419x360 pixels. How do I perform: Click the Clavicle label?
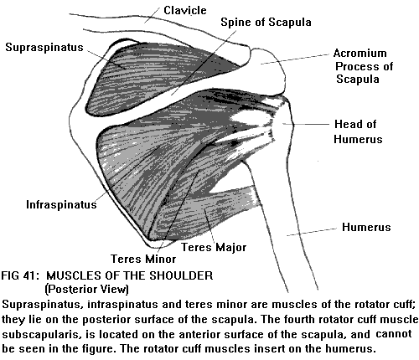[x=185, y=11]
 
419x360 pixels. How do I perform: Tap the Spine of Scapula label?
[x=266, y=23]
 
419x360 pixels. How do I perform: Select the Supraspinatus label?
[x=44, y=48]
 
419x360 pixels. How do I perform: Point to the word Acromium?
[x=360, y=53]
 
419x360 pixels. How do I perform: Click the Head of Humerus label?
[x=358, y=131]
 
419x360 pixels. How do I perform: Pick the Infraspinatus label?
[x=61, y=204]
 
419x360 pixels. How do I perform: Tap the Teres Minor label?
[x=143, y=259]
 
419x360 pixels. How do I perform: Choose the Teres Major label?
[x=214, y=247]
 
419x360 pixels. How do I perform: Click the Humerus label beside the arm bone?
[x=366, y=227]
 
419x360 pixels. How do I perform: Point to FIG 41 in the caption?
[x=19, y=275]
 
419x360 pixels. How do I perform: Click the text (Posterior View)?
[x=87, y=290]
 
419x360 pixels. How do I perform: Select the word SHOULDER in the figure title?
[x=181, y=275]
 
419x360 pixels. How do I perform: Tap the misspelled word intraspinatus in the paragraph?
[x=122, y=304]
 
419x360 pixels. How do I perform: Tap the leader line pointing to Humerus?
[x=312, y=232]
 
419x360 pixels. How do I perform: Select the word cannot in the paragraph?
[x=394, y=334]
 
